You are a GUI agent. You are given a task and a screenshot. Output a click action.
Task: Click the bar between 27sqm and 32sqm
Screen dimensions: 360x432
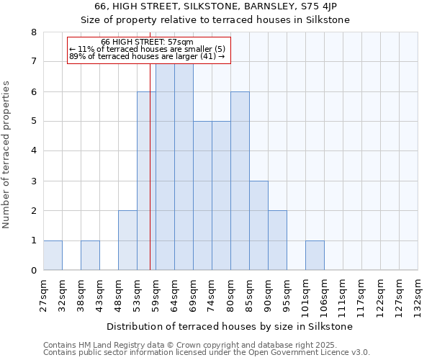53,256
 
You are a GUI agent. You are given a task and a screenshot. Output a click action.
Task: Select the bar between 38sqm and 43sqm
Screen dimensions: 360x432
90,256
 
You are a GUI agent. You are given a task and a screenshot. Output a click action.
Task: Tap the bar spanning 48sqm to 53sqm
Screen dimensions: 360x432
127,240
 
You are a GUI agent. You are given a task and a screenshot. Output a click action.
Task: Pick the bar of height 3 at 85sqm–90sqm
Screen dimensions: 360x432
258,226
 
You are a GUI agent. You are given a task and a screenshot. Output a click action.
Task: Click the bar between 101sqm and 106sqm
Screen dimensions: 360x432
315,256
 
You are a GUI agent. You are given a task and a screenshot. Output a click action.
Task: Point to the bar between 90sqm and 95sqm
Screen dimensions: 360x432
277,240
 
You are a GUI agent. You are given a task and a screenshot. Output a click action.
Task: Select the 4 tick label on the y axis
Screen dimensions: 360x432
33,151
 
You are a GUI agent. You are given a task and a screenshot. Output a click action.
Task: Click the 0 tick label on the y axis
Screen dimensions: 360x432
33,271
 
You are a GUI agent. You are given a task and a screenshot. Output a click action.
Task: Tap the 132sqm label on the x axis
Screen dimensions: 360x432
418,293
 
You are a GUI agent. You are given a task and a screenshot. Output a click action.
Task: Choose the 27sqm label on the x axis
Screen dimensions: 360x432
43,293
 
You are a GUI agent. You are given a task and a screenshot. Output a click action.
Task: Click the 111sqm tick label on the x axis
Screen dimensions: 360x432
343,293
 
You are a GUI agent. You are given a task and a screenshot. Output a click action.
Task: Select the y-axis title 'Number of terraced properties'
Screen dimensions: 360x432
7,155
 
